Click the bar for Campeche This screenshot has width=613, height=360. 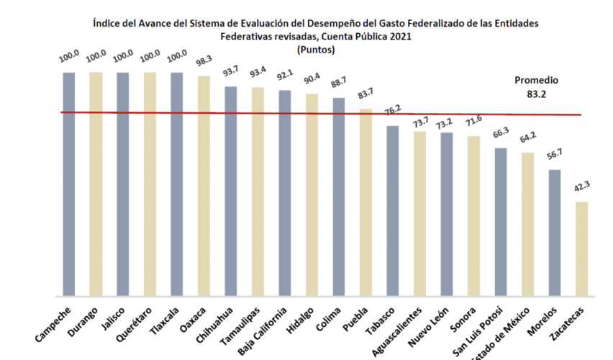pyautogui.click(x=69, y=184)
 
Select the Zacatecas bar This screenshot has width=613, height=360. pyautogui.click(x=581, y=248)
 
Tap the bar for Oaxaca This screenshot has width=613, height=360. pyautogui.click(x=204, y=186)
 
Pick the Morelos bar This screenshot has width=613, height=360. pyautogui.click(x=555, y=233)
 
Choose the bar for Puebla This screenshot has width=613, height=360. pyautogui.click(x=365, y=202)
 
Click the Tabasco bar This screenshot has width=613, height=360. pyautogui.click(x=393, y=210)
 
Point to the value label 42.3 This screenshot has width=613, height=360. pyautogui.click(x=581, y=191)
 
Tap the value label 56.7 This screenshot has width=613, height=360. pyautogui.click(x=555, y=158)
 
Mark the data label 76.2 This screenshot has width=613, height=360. pyautogui.click(x=393, y=114)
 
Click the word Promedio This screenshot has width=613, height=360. pyautogui.click(x=536, y=81)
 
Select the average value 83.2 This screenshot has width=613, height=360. pyautogui.click(x=536, y=93)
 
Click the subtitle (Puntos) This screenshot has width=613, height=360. pyautogui.click(x=316, y=50)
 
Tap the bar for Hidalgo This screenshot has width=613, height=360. pyautogui.click(x=312, y=194)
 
